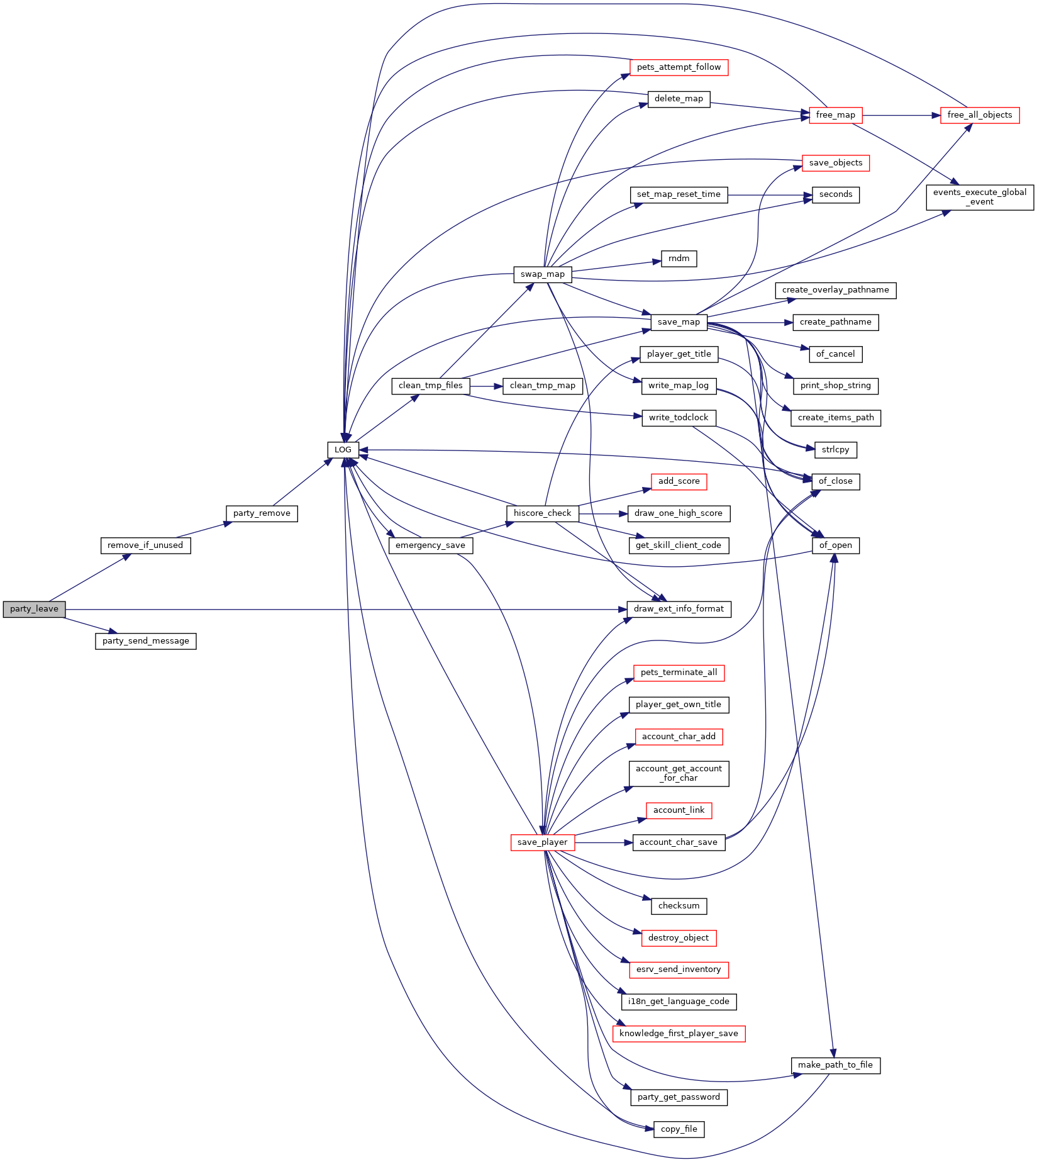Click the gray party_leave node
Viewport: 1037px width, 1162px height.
coord(34,609)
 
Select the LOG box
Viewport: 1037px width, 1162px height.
coord(343,450)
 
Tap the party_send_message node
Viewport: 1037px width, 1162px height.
coord(146,641)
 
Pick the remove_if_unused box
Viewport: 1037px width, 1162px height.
coord(145,545)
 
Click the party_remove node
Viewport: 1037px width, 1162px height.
coord(262,513)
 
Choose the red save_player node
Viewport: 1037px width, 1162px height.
coord(543,842)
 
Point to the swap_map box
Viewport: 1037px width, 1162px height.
coord(543,274)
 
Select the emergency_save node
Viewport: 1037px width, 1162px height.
coord(431,545)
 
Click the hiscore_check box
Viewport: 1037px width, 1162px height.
coord(543,513)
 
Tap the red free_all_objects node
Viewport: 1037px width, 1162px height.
coord(980,115)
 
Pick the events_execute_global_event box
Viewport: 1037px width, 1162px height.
coord(980,197)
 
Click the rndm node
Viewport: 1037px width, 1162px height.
coord(679,259)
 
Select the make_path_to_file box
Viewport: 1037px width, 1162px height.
coord(836,1065)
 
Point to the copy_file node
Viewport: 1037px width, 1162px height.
coord(679,1129)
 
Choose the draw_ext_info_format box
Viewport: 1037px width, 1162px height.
coord(679,609)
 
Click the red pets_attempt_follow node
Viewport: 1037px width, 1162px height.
coord(679,67)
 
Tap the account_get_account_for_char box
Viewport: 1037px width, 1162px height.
coord(679,773)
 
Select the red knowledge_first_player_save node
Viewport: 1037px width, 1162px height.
coord(679,1034)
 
